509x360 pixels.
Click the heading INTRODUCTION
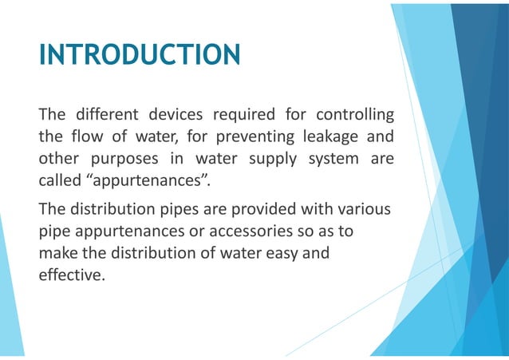point(140,55)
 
